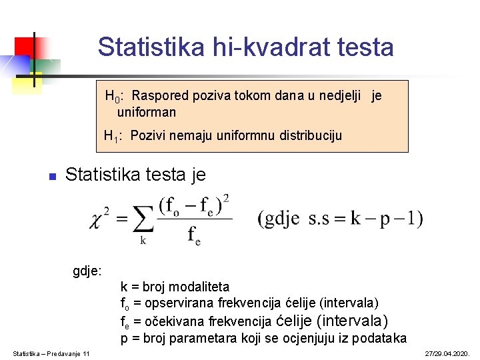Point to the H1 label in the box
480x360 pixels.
111,137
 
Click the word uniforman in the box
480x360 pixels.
147,112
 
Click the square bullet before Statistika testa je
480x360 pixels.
51,177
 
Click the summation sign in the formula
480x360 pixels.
142,218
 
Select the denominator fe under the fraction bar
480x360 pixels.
194,235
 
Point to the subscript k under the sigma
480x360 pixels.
143,241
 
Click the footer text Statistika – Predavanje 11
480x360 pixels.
51,353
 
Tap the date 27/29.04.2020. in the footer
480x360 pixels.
447,353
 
